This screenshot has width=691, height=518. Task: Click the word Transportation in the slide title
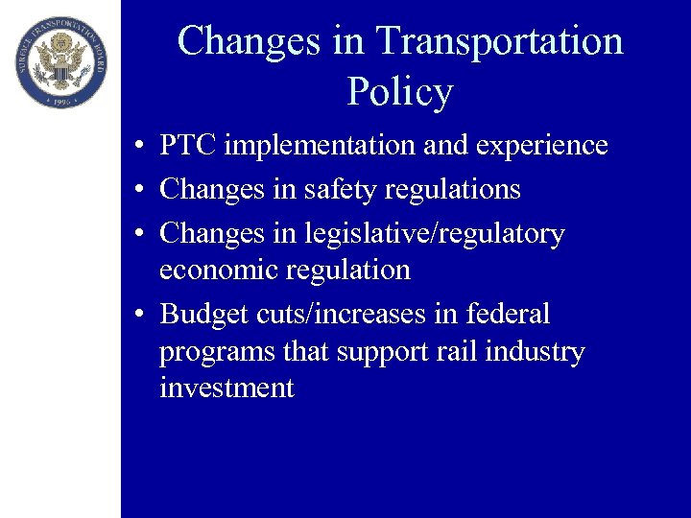[x=499, y=41]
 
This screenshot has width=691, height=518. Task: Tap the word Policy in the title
[x=399, y=92]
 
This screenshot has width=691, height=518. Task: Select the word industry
[x=535, y=352]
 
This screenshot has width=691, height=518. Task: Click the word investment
[x=226, y=388]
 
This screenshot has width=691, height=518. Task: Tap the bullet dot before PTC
[x=140, y=147]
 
